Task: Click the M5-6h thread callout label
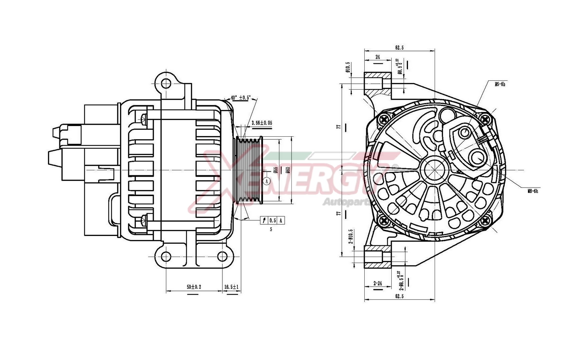coord(500,84)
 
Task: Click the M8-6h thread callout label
coord(533,191)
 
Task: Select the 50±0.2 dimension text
coord(194,287)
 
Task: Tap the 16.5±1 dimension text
coord(231,287)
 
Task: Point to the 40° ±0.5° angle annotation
coord(241,98)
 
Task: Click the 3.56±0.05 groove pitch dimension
coord(262,123)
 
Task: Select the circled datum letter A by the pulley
coord(266,181)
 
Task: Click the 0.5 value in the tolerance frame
coord(272,220)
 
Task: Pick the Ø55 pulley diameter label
coord(276,170)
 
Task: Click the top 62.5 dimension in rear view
coord(399,48)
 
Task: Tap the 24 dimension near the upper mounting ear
coord(377,57)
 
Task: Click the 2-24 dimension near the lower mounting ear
coord(377,283)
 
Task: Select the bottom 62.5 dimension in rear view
coord(399,296)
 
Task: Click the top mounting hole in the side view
coord(166,82)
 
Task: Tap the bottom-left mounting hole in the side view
coord(166,256)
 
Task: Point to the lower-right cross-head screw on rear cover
coord(486,220)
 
